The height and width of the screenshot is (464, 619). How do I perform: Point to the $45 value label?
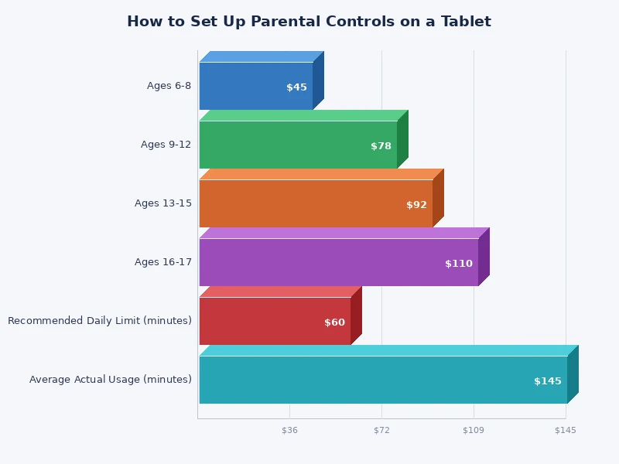pyautogui.click(x=296, y=87)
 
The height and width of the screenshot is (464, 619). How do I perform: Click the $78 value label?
pyautogui.click(x=381, y=146)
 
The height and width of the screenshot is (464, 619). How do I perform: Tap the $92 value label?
pyautogui.click(x=416, y=205)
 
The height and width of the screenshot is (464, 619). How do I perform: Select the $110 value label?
pyautogui.click(x=458, y=264)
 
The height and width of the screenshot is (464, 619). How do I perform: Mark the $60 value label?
pyautogui.click(x=334, y=322)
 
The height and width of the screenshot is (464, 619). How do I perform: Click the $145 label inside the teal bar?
pyautogui.click(x=547, y=381)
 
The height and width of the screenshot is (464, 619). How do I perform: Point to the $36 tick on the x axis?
pyautogui.click(x=289, y=430)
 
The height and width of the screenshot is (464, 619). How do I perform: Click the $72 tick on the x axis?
pyautogui.click(x=381, y=430)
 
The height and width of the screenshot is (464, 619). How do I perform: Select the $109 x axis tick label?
pyautogui.click(x=474, y=430)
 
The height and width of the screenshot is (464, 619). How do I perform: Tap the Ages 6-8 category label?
pyautogui.click(x=169, y=86)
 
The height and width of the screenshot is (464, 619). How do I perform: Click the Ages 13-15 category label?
pyautogui.click(x=162, y=203)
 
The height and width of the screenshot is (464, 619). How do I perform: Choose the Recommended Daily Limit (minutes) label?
pyautogui.click(x=100, y=321)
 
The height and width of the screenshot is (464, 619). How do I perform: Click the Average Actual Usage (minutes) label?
pyautogui.click(x=111, y=380)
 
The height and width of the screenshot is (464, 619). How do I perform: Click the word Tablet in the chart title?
pyautogui.click(x=467, y=22)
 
